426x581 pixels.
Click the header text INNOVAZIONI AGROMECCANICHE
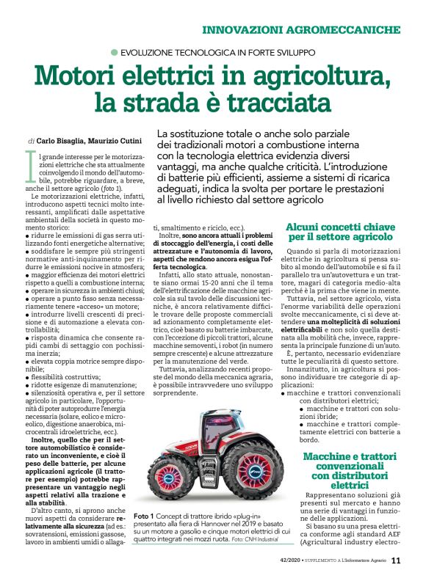[302, 30]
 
